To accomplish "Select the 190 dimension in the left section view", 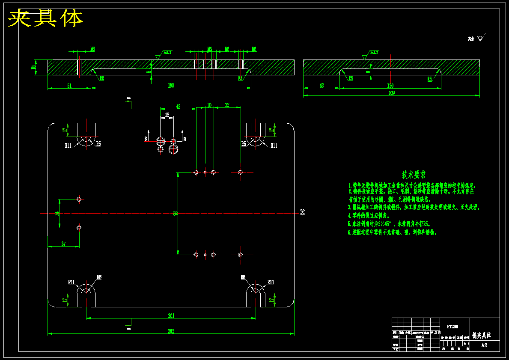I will [x=171, y=86].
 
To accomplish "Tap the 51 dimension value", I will [x=69, y=86].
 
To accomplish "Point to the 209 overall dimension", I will [x=391, y=93].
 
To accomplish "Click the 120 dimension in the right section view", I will [x=390, y=86].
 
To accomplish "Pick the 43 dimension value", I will [x=321, y=86].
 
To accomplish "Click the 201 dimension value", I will [x=171, y=316].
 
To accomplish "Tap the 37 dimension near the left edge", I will [x=63, y=244].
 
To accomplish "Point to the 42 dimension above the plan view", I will [x=178, y=106].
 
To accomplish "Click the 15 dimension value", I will [x=167, y=115].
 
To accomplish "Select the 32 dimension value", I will [x=227, y=105].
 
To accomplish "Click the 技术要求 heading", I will [x=414, y=175].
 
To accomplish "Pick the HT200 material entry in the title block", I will [x=452, y=327].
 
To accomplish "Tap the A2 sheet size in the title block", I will [x=484, y=345].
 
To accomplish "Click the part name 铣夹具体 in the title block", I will [x=482, y=335].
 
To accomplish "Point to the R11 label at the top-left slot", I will [x=68, y=146].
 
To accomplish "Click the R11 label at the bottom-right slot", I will [x=271, y=282].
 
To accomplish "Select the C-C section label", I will [x=302, y=211].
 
